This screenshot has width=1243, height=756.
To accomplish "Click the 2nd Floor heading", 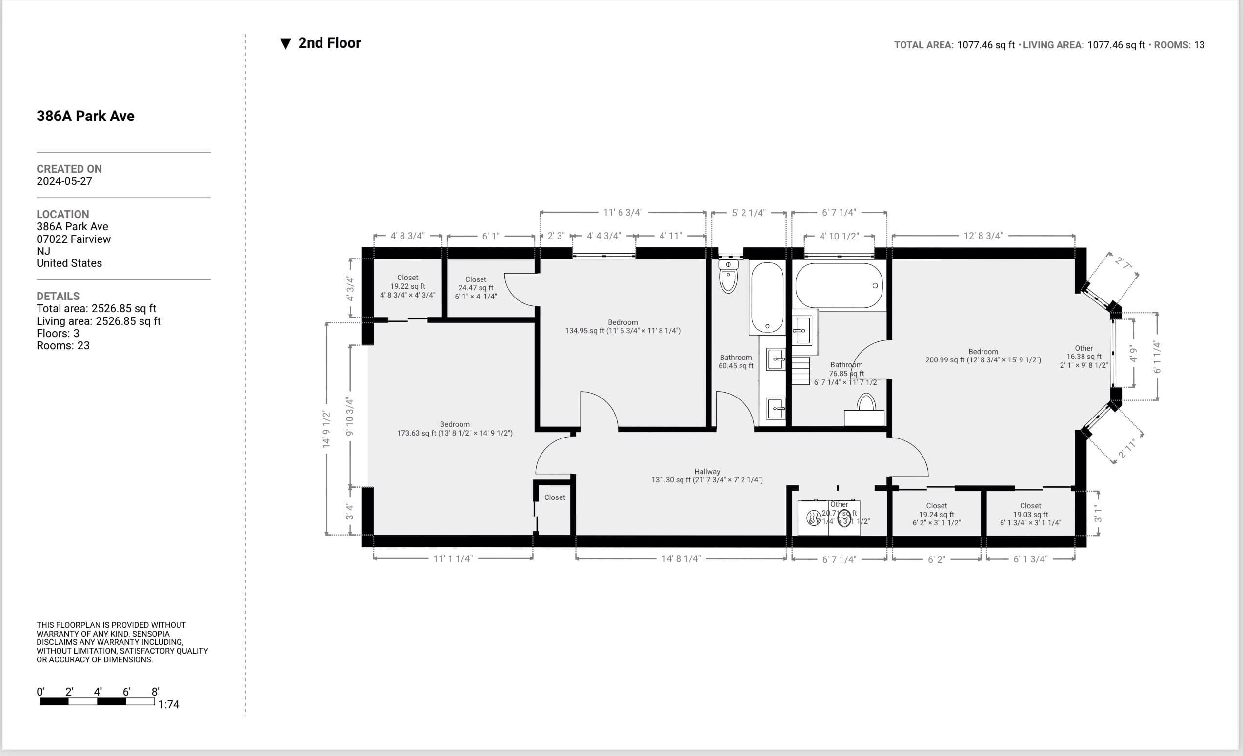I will (x=329, y=43).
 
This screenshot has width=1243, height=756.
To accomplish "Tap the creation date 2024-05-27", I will (x=64, y=181).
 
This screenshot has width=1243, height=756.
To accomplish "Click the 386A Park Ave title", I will (x=85, y=116).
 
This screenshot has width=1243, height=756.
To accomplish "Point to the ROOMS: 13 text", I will (x=1179, y=45).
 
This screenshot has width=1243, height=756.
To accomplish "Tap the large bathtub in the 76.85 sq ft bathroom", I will (x=839, y=285).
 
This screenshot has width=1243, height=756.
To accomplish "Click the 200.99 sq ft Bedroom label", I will (x=982, y=356).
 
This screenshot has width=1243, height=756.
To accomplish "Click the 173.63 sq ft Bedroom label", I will (x=455, y=429).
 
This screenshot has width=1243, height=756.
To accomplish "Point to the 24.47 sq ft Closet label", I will (x=476, y=287).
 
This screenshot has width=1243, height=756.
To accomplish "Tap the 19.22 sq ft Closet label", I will (x=408, y=286).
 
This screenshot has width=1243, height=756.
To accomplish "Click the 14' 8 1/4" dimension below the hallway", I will (x=681, y=559).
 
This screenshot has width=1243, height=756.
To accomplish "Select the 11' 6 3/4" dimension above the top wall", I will (x=622, y=212).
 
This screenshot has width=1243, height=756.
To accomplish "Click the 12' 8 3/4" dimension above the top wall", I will (x=982, y=236).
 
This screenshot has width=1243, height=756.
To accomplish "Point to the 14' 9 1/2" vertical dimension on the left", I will (x=326, y=429).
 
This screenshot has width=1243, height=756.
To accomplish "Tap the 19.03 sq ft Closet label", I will (x=1030, y=514).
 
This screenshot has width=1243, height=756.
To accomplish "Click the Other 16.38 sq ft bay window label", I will (x=1083, y=357).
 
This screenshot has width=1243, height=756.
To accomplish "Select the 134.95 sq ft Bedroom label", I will (x=622, y=326).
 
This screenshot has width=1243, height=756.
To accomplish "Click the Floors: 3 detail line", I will (x=58, y=333).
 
